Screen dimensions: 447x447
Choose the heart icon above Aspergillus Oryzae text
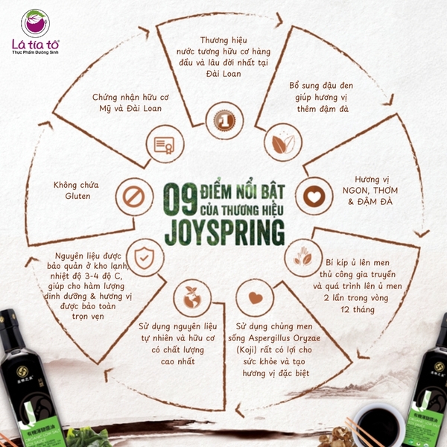point(256,297)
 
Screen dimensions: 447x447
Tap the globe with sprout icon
point(189,297)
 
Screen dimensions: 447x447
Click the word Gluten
point(72,196)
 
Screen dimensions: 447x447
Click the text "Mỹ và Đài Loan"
point(128,108)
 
